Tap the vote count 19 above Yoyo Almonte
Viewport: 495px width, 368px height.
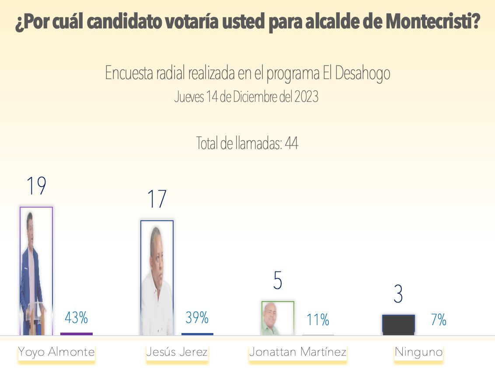36,186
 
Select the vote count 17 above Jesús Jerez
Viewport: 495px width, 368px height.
157,199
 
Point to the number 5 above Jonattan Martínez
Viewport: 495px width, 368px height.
278,281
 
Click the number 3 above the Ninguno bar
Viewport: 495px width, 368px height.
398,295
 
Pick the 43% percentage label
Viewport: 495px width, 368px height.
77,318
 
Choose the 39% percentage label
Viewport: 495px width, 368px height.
197,318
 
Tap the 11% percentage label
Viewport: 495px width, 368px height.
318,320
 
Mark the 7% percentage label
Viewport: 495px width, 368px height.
439,320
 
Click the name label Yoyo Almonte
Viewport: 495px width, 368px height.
56,352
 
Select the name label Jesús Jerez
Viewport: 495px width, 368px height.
177,352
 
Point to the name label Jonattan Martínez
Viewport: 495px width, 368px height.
298,352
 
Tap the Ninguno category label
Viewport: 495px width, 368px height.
418,352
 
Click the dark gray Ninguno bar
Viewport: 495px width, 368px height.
398,325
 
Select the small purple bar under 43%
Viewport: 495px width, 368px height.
77,334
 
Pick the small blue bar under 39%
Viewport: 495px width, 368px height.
197,334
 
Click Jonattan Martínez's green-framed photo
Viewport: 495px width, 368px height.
278,318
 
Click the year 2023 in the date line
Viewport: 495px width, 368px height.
306,97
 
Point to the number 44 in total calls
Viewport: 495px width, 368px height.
291,143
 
